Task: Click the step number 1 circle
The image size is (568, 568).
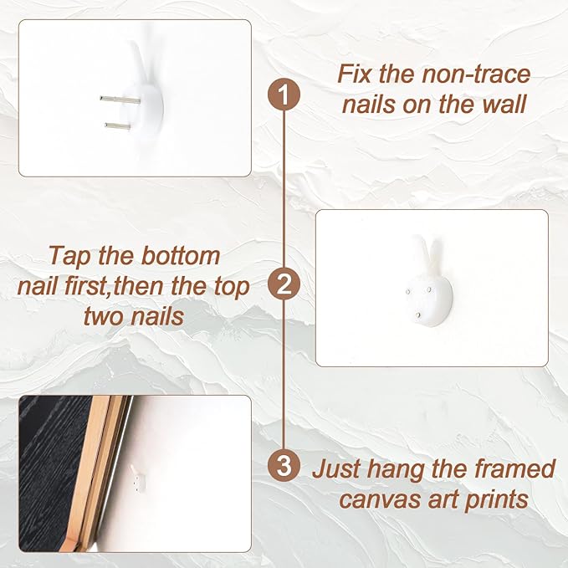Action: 284,95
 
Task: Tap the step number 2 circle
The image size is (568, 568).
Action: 284,284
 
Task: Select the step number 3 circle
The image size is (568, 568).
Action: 284,465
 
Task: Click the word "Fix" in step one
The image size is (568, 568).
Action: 355,74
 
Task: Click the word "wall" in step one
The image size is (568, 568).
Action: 505,105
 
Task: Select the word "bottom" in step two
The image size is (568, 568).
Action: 181,256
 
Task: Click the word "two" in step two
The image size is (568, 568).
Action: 103,316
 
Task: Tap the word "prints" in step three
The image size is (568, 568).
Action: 496,501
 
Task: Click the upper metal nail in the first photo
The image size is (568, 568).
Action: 120,100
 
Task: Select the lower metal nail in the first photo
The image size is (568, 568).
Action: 118,126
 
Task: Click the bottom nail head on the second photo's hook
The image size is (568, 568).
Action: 418,315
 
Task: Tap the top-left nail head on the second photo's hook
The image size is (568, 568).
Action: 408,291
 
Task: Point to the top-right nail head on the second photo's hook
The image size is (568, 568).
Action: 430,289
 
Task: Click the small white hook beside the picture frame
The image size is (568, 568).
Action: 136,478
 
